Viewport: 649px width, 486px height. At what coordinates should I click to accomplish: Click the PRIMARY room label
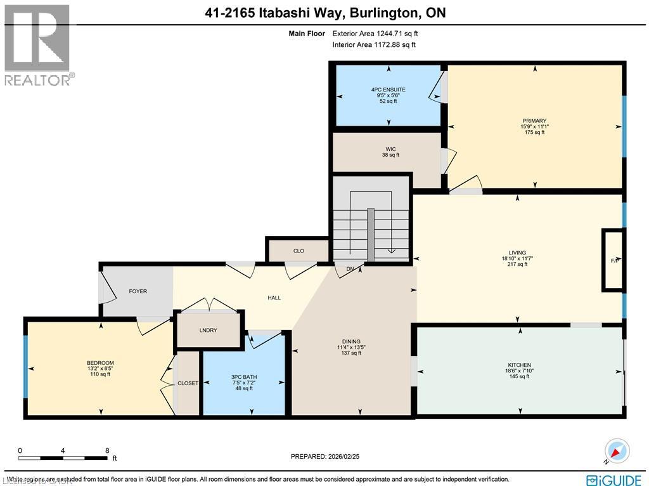tap(534, 121)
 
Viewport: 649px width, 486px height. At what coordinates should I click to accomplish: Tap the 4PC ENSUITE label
tap(388, 90)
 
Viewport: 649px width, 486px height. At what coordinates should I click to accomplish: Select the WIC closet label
tap(390, 149)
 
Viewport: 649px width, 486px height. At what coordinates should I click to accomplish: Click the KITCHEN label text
tap(518, 365)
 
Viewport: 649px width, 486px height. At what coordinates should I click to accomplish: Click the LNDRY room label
tap(209, 330)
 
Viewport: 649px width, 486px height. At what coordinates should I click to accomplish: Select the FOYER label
tap(138, 291)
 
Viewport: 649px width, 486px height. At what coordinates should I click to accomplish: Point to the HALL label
tap(274, 298)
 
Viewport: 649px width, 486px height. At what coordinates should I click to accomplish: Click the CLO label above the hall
tap(299, 251)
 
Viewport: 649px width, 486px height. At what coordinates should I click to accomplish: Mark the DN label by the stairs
tap(350, 269)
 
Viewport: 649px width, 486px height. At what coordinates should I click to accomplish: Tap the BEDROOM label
tap(100, 363)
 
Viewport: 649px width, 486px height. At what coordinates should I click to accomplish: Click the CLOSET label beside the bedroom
tap(188, 383)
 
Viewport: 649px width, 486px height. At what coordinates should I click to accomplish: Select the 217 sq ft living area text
tap(517, 265)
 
